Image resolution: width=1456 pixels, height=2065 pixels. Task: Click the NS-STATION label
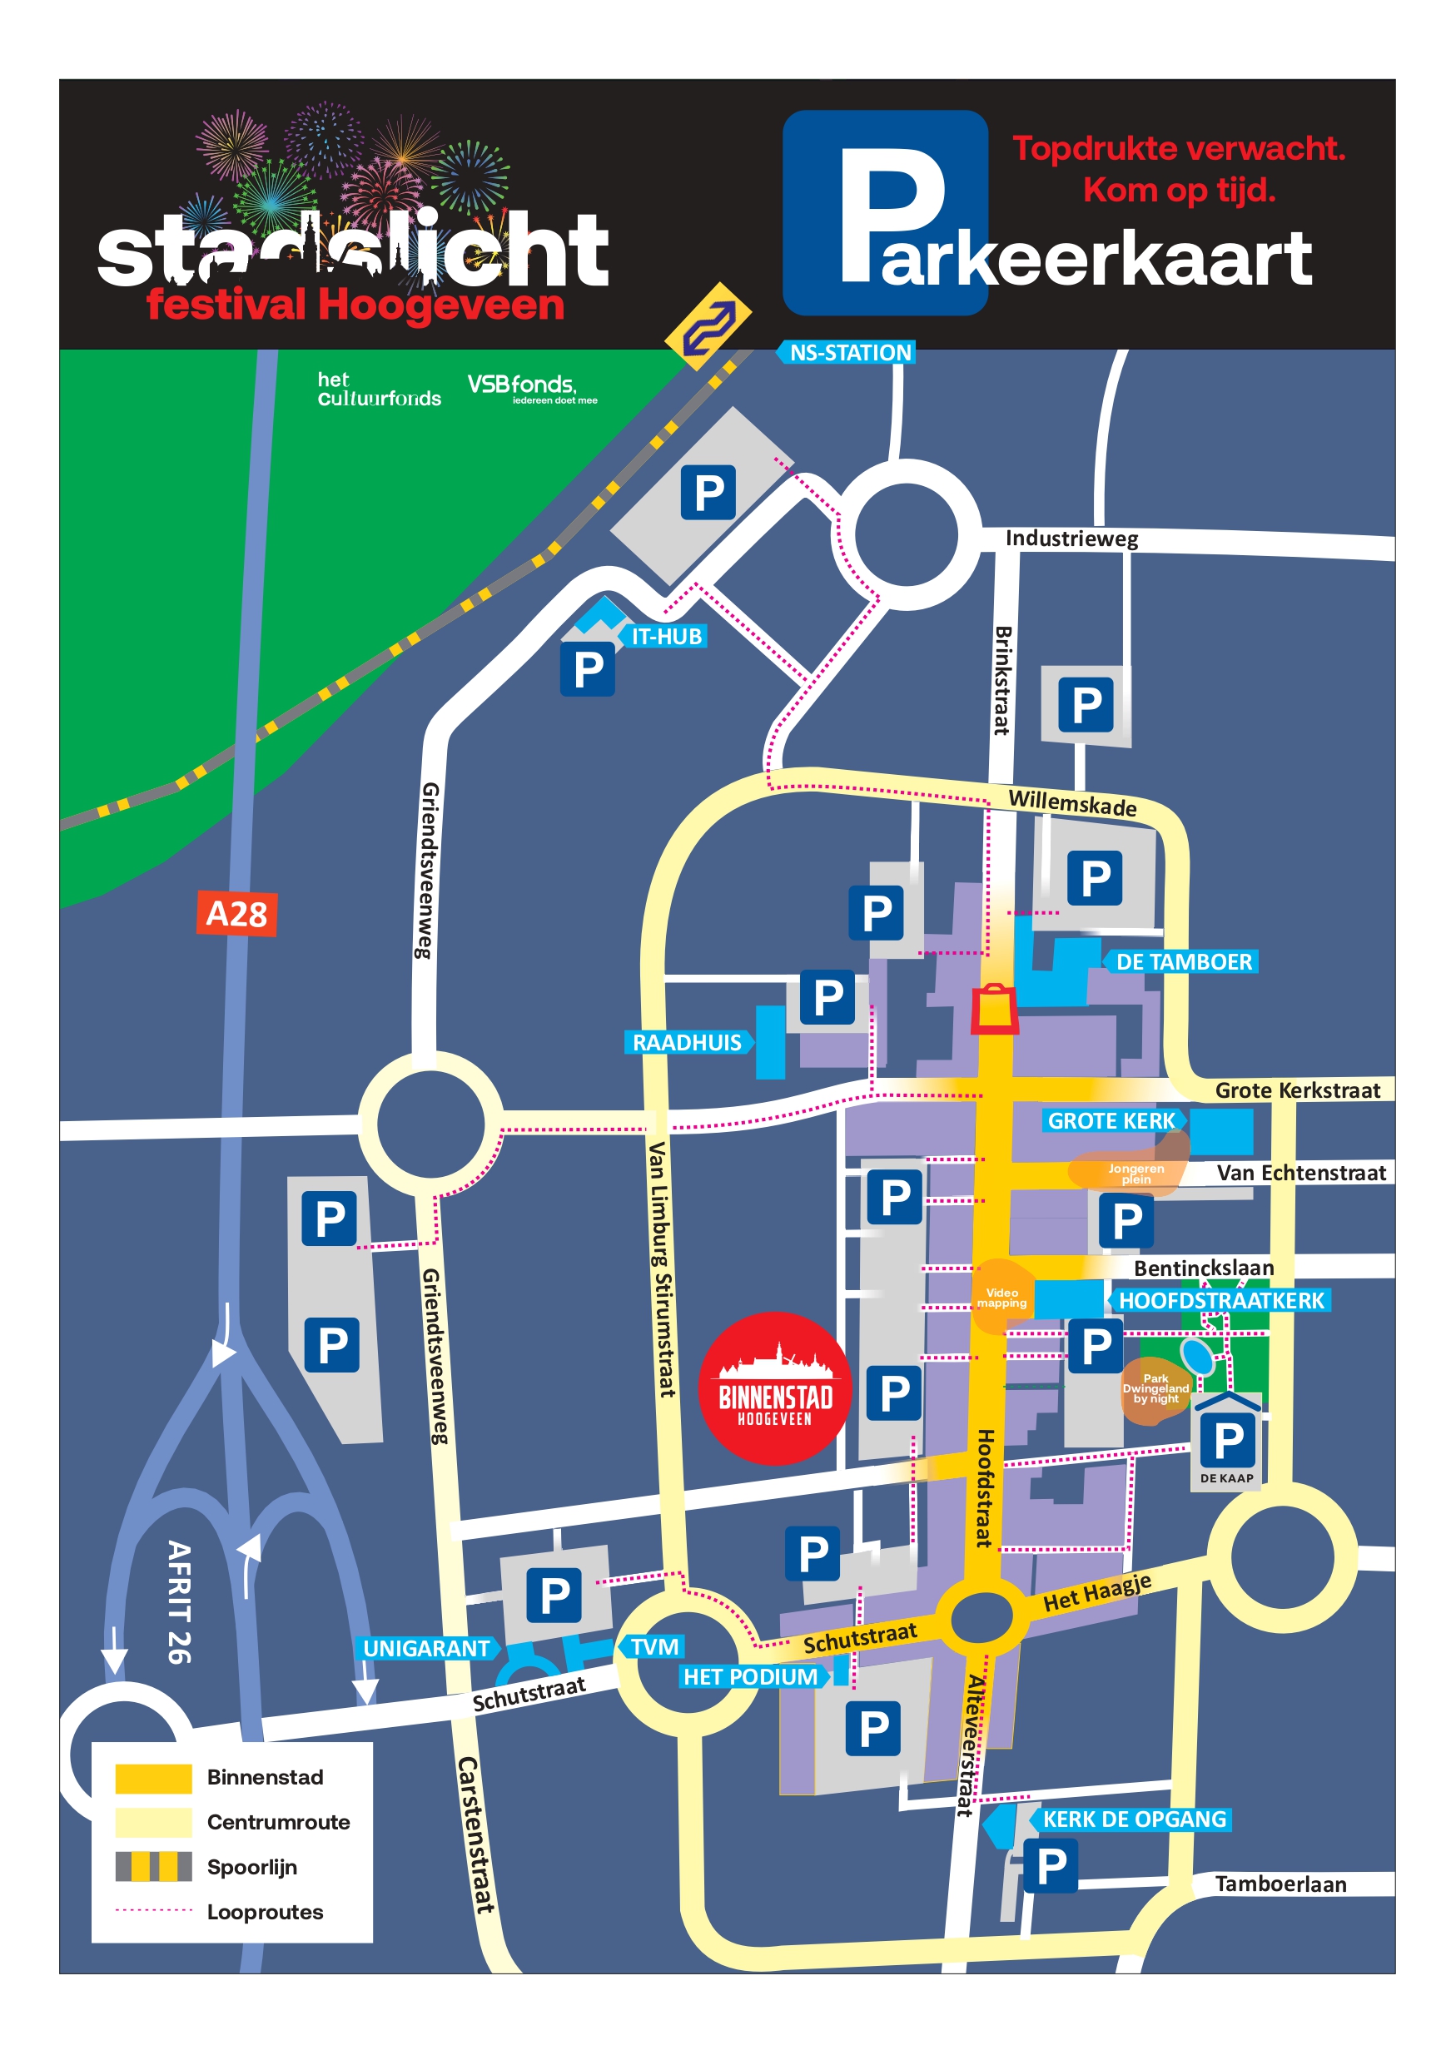pyautogui.click(x=849, y=353)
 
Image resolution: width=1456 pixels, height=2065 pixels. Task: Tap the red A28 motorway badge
pyautogui.click(x=236, y=914)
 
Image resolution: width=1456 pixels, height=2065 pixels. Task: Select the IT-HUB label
pyautogui.click(x=666, y=637)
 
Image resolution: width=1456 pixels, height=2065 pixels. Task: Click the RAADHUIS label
pyautogui.click(x=687, y=1042)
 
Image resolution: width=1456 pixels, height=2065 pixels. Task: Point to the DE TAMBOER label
pyautogui.click(x=1183, y=961)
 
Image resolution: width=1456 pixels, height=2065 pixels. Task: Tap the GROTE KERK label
pyautogui.click(x=1111, y=1120)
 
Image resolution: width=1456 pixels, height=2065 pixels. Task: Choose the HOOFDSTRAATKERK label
pyautogui.click(x=1220, y=1301)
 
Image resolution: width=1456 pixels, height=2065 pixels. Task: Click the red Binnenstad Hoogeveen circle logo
pyautogui.click(x=774, y=1387)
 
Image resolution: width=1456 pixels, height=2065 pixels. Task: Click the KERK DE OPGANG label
pyautogui.click(x=1133, y=1819)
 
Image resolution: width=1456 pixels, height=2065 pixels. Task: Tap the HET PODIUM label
pyautogui.click(x=750, y=1676)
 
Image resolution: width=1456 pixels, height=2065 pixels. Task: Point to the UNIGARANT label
pyautogui.click(x=426, y=1649)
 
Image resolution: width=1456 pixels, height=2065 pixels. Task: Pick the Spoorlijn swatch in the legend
pyautogui.click(x=153, y=1866)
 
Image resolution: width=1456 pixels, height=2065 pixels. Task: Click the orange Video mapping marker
pyautogui.click(x=1001, y=1297)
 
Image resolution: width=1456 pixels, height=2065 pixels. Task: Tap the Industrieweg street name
pyautogui.click(x=1071, y=539)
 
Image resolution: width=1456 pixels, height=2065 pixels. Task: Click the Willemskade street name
pyautogui.click(x=1072, y=802)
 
